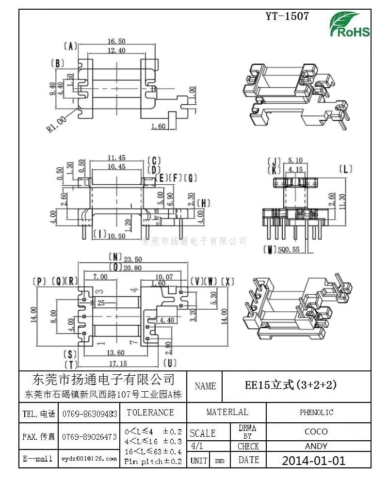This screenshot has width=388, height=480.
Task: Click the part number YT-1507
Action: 288,16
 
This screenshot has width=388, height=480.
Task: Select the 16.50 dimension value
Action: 116,42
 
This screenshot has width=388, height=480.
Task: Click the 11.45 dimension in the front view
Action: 116,158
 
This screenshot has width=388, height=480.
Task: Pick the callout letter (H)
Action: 204,203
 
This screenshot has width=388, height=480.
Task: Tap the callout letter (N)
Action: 114,257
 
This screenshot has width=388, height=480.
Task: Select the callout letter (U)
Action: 170,362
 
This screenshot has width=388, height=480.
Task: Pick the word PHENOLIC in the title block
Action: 316,413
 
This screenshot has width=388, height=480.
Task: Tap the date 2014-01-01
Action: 314,461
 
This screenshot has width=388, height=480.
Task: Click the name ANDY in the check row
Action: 316,446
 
